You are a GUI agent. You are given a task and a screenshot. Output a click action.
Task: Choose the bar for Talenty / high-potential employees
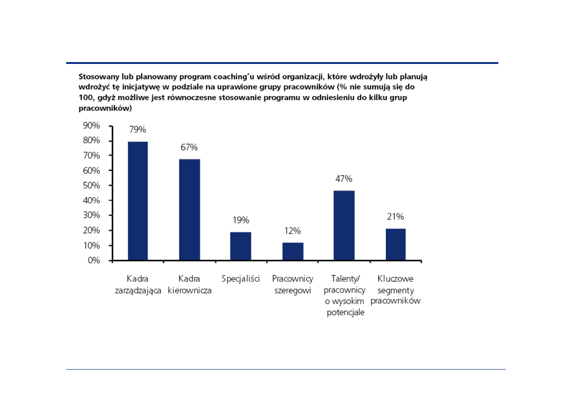coord(344,226)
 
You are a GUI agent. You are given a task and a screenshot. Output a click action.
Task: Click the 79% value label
coord(138,130)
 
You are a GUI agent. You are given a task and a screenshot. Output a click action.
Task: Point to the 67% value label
coord(189,147)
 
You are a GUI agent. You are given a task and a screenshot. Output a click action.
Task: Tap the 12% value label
coord(292,231)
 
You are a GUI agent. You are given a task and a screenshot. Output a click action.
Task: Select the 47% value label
coord(344,179)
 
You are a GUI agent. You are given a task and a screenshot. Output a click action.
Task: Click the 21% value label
coord(396,217)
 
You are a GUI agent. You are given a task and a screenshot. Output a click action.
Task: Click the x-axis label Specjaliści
coord(241,279)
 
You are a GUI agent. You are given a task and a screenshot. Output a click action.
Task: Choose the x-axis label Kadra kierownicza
coord(189,285)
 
